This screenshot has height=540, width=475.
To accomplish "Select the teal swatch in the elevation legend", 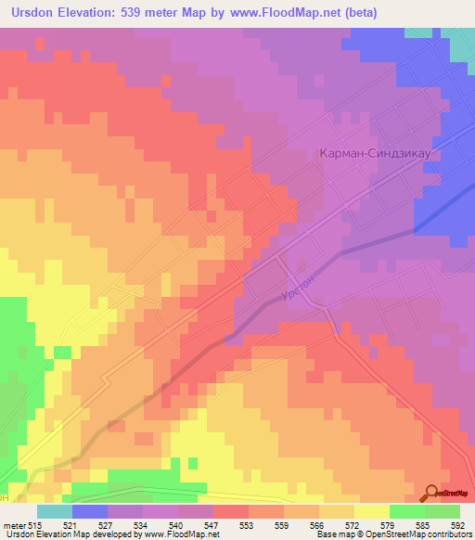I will coord(55,511).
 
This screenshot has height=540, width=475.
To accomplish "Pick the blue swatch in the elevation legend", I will coord(90,511).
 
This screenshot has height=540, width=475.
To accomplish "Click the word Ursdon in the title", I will coord(33,12).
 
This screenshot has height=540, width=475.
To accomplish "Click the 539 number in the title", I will coord(137,12).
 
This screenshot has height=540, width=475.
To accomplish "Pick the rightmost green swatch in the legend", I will coord(443,511).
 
